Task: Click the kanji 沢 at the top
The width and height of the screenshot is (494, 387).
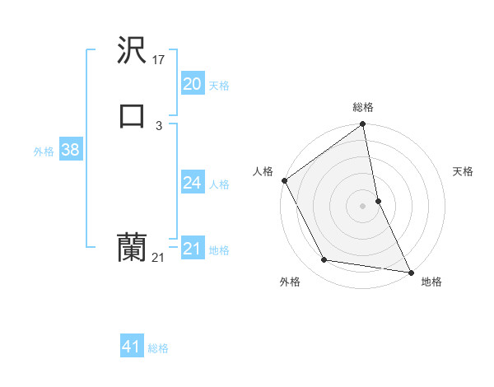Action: [132, 51]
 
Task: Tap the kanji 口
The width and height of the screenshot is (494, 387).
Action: [132, 116]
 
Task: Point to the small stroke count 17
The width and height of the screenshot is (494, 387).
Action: [159, 59]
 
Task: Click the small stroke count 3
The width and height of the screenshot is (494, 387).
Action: [158, 125]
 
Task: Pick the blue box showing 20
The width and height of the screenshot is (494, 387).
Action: [192, 84]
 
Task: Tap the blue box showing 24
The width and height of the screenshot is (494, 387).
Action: [192, 183]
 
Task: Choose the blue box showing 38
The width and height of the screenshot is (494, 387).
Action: [70, 150]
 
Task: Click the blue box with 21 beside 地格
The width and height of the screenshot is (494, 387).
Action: [192, 249]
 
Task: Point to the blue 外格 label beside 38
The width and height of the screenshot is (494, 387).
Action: [44, 152]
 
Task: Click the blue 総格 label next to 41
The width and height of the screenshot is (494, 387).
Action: [158, 349]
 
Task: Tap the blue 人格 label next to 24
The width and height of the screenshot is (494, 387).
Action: [219, 184]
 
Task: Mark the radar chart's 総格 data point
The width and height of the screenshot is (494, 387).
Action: [363, 125]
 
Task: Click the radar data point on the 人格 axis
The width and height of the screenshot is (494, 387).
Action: [285, 180]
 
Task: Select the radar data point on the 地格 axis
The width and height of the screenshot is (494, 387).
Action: [411, 272]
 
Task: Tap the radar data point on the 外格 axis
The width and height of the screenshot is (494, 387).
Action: [324, 260]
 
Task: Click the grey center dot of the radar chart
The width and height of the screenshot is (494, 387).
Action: [363, 206]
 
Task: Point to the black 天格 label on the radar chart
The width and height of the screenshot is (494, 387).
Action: [464, 171]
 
